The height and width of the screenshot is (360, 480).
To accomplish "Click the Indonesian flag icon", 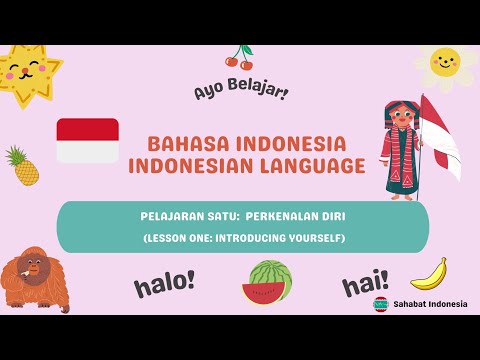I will click(x=87, y=140).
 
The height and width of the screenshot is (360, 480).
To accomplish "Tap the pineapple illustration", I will click(x=22, y=166).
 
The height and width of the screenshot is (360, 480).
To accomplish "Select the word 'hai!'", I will click(x=365, y=285).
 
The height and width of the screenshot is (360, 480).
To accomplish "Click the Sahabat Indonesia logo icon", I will click(x=380, y=303).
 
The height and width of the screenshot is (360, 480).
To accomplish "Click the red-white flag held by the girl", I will click(x=441, y=140).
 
